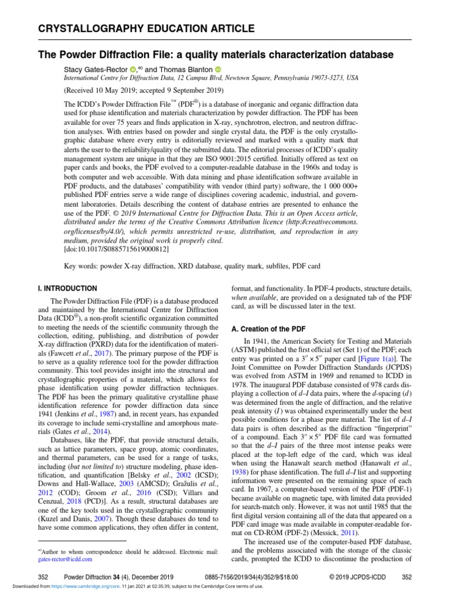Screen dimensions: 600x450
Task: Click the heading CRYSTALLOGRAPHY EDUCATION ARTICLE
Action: point(146,29)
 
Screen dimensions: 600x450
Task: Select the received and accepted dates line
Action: point(143,91)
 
